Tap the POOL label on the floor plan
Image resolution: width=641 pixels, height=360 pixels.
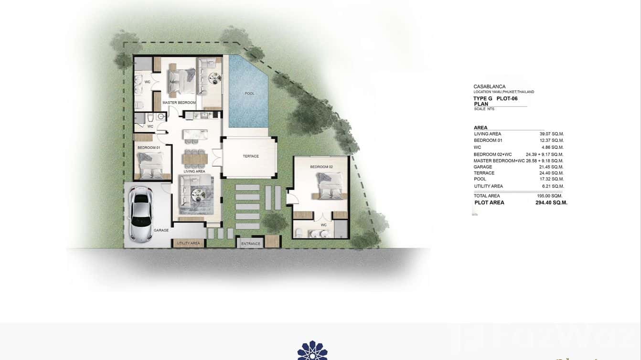(x=249, y=94)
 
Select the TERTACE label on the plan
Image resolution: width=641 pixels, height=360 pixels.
(x=250, y=156)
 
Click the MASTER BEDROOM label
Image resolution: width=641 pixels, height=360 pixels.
(x=179, y=103)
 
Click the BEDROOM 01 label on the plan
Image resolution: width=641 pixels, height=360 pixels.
(x=149, y=148)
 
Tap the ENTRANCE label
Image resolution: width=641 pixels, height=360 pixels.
(x=251, y=244)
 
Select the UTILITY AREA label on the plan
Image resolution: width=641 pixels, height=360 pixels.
(x=188, y=244)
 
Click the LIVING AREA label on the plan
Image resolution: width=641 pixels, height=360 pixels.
(x=194, y=171)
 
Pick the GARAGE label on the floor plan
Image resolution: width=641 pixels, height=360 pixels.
(x=161, y=230)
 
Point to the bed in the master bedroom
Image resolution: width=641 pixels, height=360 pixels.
(x=181, y=80)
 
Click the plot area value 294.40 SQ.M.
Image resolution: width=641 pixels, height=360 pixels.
(x=551, y=202)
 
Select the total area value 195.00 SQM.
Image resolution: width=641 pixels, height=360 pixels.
(x=549, y=196)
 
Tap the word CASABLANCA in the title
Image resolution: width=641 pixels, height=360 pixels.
(x=489, y=86)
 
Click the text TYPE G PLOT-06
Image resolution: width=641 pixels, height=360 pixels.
(x=495, y=98)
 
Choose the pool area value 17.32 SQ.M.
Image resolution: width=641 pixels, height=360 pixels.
(x=551, y=179)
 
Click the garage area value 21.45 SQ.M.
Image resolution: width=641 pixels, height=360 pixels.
(x=551, y=167)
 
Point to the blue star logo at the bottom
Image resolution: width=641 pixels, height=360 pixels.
(x=312, y=350)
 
